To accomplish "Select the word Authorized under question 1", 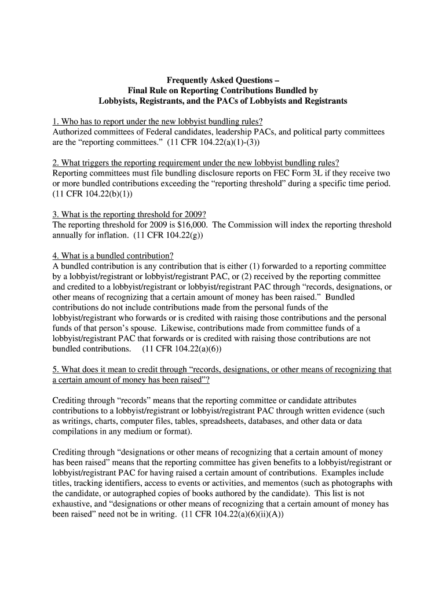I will click(73, 132).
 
